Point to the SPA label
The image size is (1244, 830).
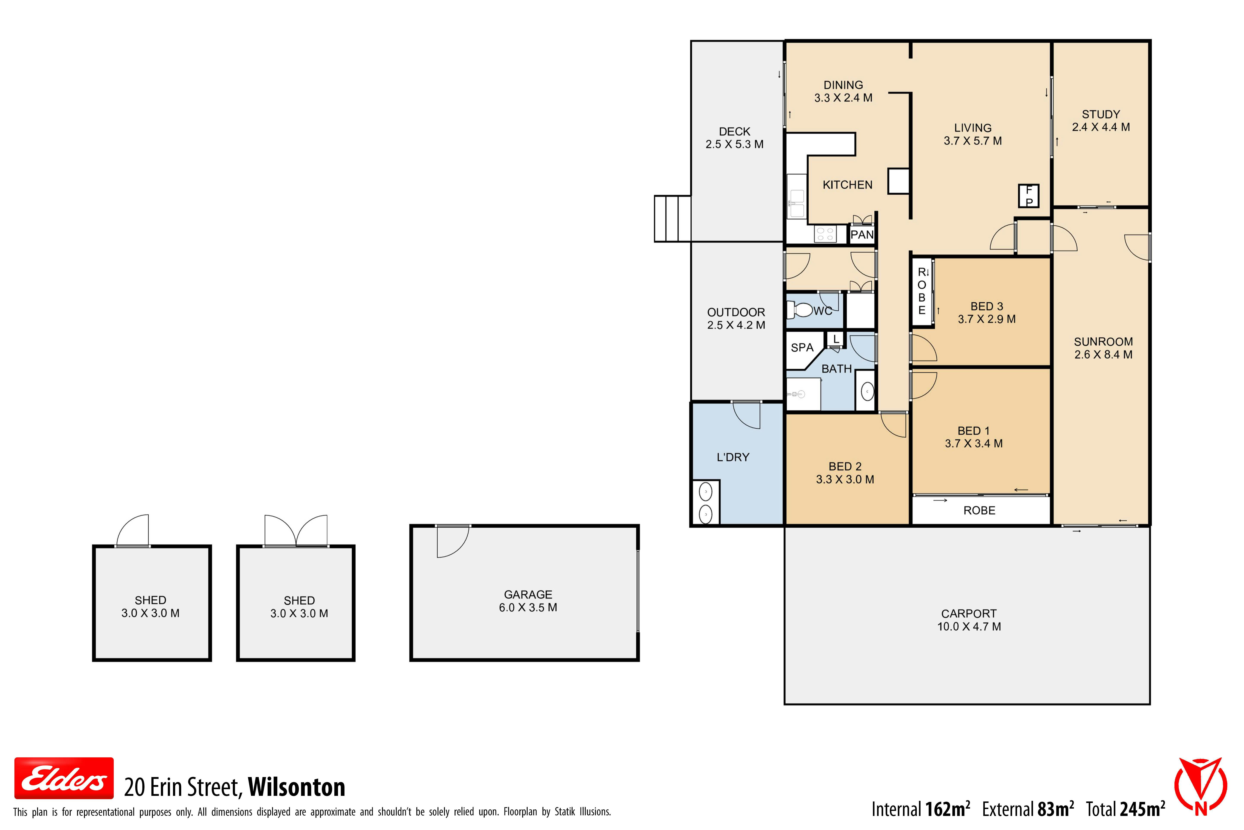point(802,348)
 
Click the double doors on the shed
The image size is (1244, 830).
point(296,530)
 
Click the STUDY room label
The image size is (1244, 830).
point(1101,114)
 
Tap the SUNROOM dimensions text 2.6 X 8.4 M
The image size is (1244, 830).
point(1103,355)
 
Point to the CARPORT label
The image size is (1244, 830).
point(969,613)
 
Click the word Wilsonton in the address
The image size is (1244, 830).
point(296,787)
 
